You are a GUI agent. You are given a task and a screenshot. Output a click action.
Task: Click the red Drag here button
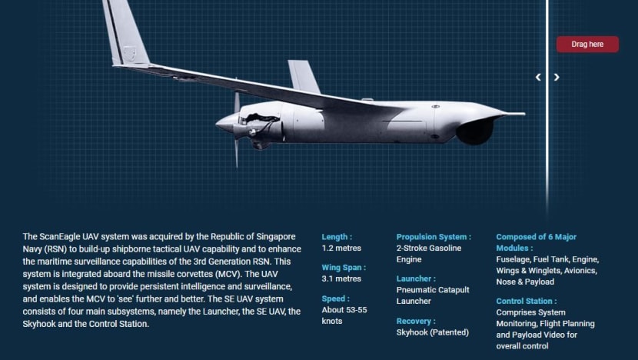(x=587, y=44)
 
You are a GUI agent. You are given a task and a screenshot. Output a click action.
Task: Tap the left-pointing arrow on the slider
(x=538, y=77)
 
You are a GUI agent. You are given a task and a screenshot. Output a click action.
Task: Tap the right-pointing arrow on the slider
(x=557, y=77)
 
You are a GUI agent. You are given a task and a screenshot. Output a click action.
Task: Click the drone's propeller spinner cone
(x=225, y=123)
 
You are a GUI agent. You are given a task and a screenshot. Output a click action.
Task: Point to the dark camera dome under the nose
(x=475, y=131)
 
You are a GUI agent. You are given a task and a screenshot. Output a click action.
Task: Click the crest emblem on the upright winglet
(x=130, y=53)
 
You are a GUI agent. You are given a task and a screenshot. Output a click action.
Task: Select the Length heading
(x=337, y=237)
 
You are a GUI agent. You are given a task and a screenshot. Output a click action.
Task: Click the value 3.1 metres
(x=341, y=279)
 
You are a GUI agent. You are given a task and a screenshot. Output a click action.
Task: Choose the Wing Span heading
(x=344, y=268)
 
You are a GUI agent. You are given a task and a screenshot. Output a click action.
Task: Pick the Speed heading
(x=336, y=298)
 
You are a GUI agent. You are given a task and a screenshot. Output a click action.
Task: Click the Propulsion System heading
(x=434, y=237)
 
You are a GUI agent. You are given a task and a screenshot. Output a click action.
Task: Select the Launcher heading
(x=416, y=279)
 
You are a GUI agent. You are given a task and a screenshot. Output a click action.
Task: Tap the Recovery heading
(x=416, y=322)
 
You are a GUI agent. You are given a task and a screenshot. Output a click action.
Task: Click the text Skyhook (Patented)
(x=433, y=332)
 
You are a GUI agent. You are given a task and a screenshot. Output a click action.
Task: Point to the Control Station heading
(x=527, y=302)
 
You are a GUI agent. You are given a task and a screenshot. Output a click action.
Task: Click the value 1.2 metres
(x=341, y=248)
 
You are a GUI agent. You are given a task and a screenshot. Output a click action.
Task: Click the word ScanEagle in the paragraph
(x=60, y=237)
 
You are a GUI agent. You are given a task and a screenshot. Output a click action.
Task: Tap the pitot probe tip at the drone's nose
(x=524, y=114)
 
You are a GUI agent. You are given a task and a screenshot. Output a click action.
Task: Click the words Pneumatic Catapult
(x=433, y=290)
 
